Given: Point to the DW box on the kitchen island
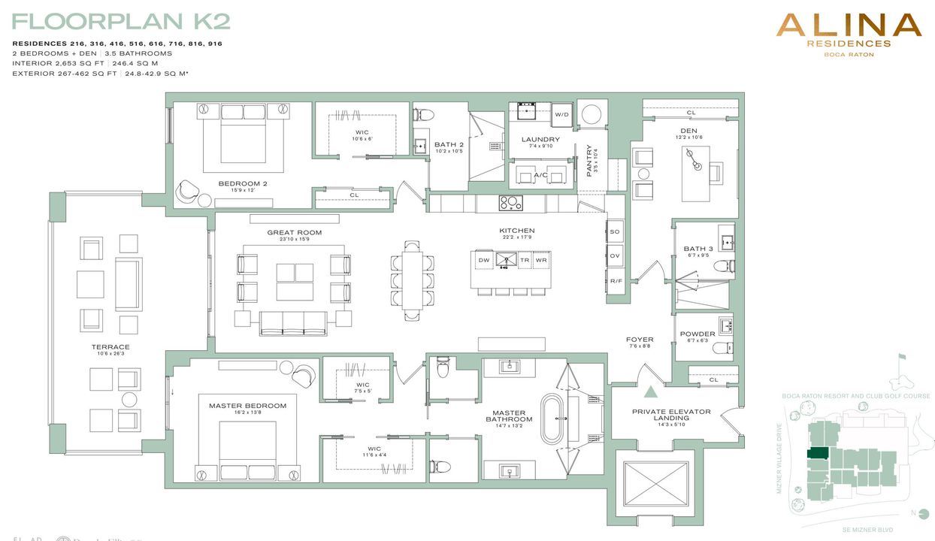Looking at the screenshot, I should [x=484, y=259].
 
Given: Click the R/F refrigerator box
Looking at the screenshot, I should [x=615, y=281].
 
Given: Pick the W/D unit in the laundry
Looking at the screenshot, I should [x=561, y=114].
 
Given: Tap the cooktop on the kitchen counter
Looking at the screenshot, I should [x=511, y=202].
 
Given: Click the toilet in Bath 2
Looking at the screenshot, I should [x=425, y=115].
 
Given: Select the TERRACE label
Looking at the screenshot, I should [x=110, y=347].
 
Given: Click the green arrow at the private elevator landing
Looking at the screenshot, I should [x=651, y=391].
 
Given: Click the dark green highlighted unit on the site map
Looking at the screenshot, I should [x=817, y=453].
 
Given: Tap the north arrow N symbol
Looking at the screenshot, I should [x=912, y=513].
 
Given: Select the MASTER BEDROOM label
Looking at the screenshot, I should [x=247, y=406].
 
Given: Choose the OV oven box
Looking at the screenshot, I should [x=615, y=256].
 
